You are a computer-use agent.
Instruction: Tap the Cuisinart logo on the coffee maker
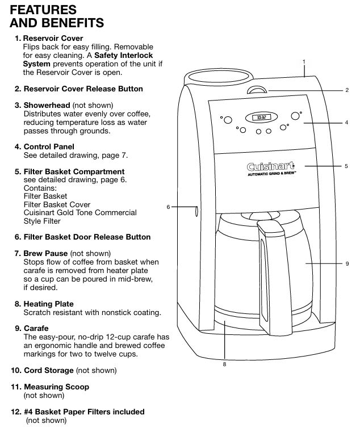(270, 167)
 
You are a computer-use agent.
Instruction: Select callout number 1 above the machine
(304, 61)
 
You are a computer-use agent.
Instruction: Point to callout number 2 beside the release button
(346, 90)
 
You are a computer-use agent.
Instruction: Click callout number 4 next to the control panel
(346, 122)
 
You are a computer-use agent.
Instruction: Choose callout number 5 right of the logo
(346, 166)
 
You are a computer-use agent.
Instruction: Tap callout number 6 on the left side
(168, 207)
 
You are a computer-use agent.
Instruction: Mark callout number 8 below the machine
(224, 364)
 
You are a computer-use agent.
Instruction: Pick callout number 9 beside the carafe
(346, 264)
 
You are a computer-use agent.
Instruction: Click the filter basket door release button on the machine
(197, 211)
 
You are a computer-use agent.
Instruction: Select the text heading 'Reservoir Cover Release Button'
(83, 89)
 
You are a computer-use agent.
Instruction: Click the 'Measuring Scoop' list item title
(56, 387)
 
